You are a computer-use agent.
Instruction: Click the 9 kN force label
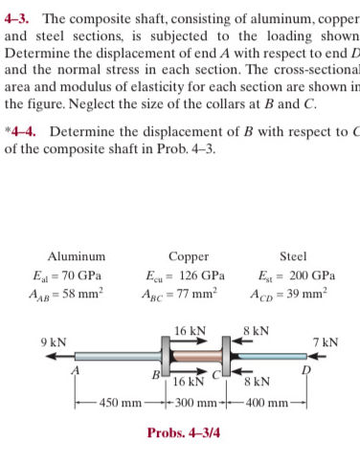tap(53, 341)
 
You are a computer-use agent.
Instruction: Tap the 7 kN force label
tap(326, 341)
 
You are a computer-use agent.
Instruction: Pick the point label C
tap(218, 374)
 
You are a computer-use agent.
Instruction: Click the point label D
tap(306, 369)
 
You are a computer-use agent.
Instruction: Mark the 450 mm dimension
tap(120, 403)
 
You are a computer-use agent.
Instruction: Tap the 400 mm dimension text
tap(265, 403)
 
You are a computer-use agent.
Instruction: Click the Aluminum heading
tap(77, 255)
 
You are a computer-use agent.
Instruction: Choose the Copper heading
tap(188, 255)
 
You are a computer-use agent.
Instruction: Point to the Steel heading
tap(293, 255)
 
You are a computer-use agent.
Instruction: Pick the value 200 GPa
tap(310, 275)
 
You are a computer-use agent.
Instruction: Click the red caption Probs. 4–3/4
tap(183, 432)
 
